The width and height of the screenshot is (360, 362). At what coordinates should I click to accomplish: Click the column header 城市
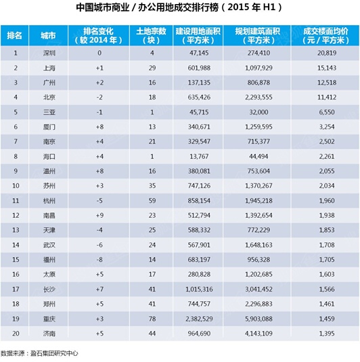48,36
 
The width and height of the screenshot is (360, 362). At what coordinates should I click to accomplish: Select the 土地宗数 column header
152,36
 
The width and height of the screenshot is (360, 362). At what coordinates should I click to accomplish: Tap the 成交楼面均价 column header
325,36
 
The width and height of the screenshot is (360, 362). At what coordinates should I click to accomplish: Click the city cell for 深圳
49,53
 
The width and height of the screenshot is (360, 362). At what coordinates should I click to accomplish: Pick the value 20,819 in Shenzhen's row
327,53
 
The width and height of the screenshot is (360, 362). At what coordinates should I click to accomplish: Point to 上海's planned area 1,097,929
258,68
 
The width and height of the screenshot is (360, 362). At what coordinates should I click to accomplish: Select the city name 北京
49,97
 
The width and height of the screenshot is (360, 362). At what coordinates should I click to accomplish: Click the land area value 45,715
199,112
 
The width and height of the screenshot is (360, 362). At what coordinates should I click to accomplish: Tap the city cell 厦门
49,127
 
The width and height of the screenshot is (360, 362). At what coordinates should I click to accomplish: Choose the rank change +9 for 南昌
99,215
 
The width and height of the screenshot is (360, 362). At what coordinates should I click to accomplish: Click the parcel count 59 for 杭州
152,200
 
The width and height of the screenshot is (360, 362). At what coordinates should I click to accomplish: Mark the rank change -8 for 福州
99,260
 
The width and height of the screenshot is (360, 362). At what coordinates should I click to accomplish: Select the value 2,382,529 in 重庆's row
199,319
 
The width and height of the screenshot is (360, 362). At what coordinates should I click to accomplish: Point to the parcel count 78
152,319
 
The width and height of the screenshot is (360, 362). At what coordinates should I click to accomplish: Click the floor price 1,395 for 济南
327,333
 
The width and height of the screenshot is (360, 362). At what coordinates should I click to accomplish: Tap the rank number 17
16,289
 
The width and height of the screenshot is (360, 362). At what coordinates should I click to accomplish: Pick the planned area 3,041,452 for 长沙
258,289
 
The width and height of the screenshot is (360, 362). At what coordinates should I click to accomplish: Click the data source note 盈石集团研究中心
54,353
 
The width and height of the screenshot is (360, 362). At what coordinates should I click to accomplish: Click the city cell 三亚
49,112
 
